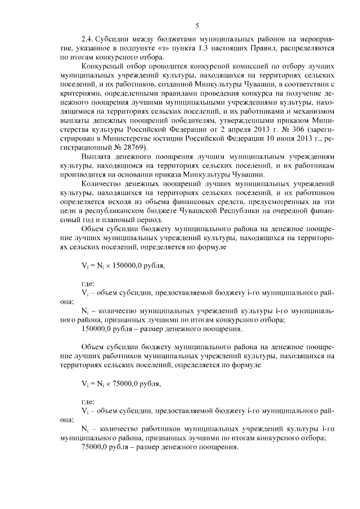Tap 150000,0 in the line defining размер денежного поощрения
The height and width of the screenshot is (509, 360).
click(98, 328)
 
